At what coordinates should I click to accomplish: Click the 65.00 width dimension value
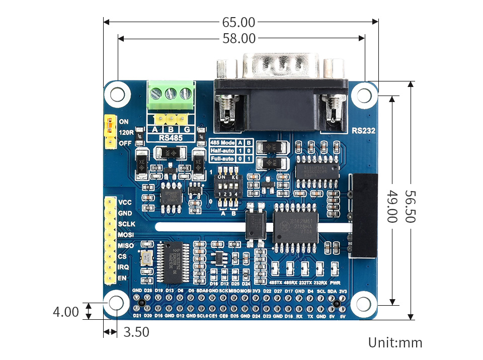click(238, 22)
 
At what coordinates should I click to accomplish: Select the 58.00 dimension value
click(239, 38)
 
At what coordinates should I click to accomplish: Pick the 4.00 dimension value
click(65, 312)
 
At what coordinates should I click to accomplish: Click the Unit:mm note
click(395, 343)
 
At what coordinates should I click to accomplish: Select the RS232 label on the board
click(363, 131)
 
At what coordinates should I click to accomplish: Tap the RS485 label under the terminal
click(170, 138)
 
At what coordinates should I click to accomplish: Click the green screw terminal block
click(171, 96)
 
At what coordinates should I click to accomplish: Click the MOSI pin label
click(125, 235)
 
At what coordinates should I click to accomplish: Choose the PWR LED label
click(336, 283)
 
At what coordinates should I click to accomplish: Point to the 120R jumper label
click(126, 133)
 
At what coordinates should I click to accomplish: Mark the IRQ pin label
click(123, 267)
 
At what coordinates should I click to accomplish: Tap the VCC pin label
click(125, 202)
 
